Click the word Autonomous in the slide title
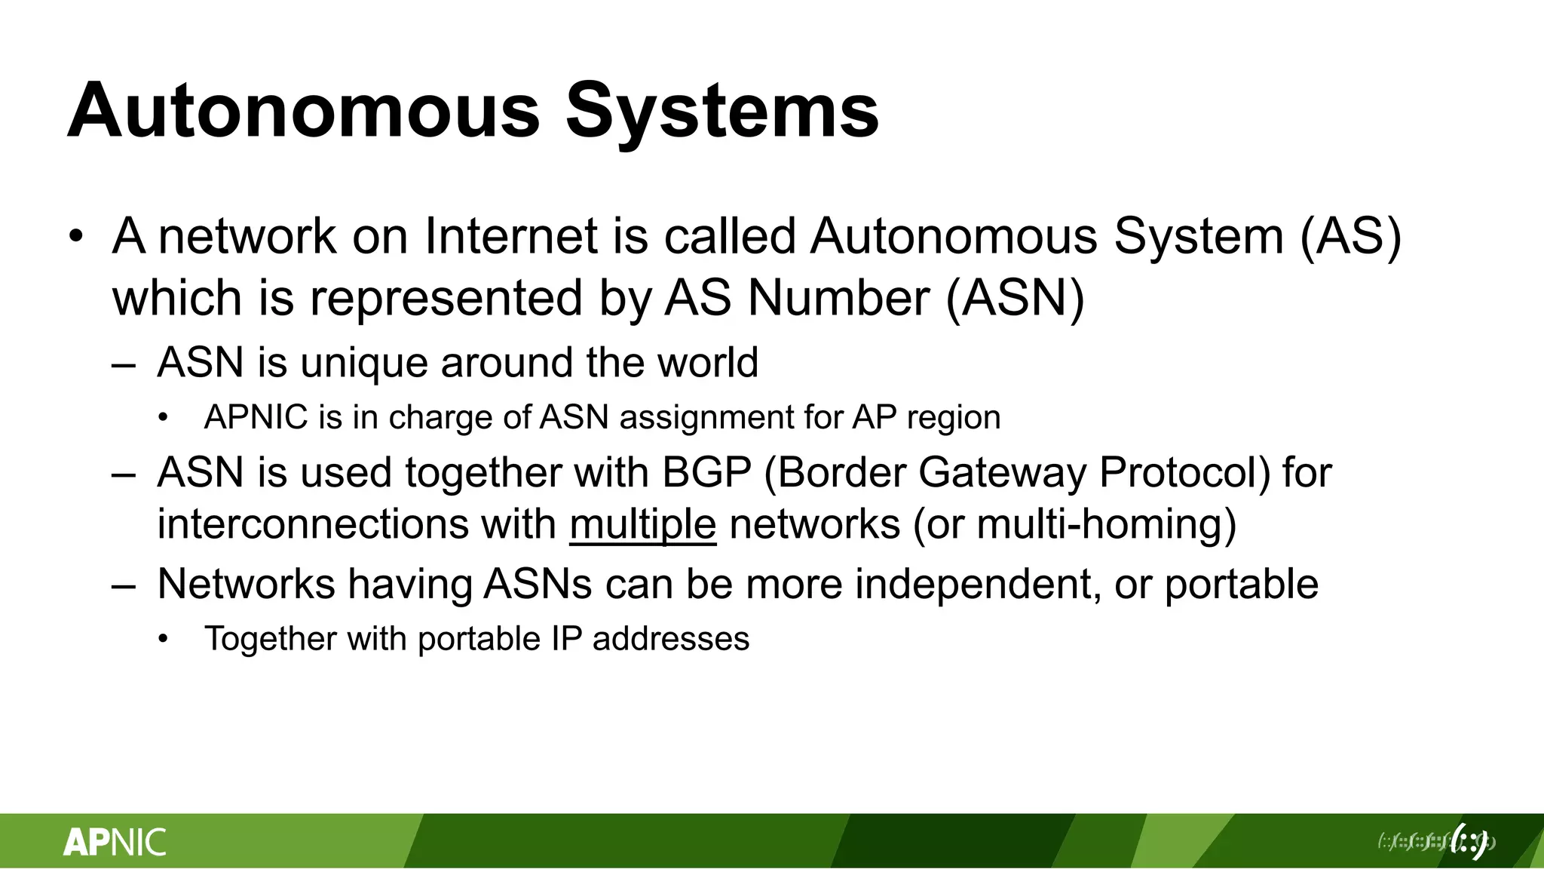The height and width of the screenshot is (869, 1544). click(x=304, y=111)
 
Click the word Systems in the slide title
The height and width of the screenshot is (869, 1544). click(x=722, y=111)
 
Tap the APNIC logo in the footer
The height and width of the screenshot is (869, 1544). click(x=115, y=842)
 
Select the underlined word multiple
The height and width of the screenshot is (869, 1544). click(x=642, y=524)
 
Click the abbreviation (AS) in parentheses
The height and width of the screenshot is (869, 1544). click(x=1350, y=237)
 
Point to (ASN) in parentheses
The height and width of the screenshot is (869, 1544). click(x=1015, y=298)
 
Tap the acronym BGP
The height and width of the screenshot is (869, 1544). click(x=706, y=473)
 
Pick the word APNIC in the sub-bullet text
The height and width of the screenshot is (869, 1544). click(x=256, y=417)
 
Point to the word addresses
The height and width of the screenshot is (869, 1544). click(x=671, y=639)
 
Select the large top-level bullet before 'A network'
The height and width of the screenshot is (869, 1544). click(x=75, y=237)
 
